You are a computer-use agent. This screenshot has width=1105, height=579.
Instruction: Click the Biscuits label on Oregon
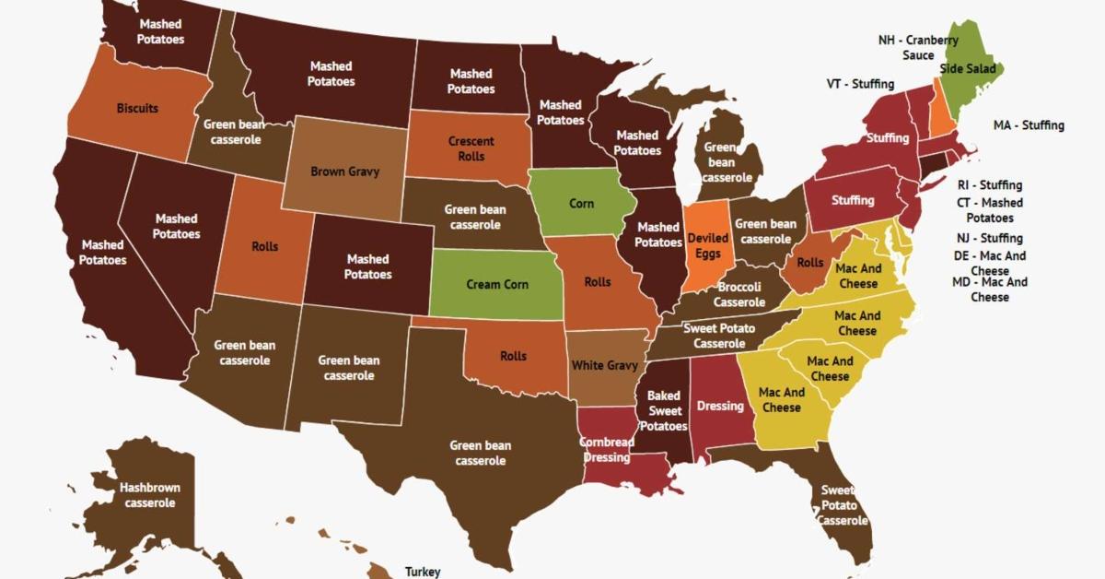tap(137, 108)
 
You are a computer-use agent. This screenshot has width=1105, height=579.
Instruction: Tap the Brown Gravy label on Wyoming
tap(344, 171)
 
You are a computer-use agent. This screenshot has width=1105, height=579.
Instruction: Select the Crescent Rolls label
tap(471, 148)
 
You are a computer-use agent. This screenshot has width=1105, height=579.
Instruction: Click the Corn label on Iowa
tap(581, 203)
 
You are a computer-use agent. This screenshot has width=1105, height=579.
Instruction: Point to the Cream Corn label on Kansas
tap(497, 284)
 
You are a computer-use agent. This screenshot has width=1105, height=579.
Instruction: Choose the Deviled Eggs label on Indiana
tap(708, 245)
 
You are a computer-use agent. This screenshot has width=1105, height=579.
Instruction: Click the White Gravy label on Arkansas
tap(604, 365)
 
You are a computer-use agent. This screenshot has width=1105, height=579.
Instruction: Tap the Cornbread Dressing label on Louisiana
tap(606, 450)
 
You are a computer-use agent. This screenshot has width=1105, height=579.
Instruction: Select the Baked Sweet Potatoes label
tap(664, 410)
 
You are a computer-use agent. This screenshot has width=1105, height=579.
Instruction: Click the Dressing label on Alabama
tap(720, 405)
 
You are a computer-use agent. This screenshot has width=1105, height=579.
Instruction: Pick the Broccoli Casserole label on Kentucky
tap(739, 295)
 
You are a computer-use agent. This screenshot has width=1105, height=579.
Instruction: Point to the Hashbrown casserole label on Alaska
tap(149, 495)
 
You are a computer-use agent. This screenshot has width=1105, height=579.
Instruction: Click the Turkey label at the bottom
tap(423, 571)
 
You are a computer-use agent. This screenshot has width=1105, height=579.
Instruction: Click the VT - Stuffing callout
tap(860, 84)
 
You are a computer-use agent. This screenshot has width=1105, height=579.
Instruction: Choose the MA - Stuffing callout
tap(1029, 124)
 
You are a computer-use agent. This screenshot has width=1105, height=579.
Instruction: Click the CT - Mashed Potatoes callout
tap(989, 210)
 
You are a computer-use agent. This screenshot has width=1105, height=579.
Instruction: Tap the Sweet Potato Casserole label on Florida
tap(840, 505)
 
